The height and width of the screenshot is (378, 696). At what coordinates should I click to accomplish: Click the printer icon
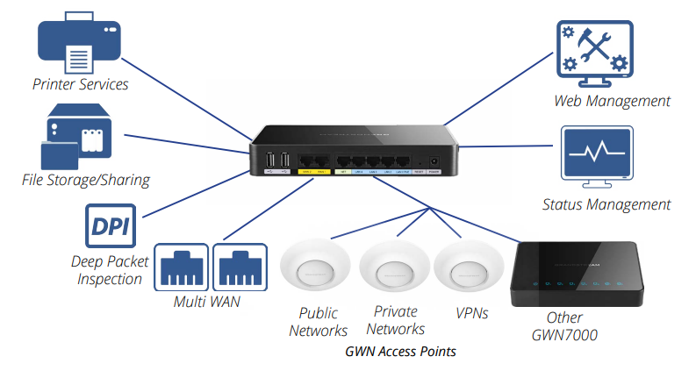(x=80, y=46)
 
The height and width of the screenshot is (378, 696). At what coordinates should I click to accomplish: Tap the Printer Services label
(x=81, y=85)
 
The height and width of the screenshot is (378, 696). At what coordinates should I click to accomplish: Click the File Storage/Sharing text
(x=86, y=180)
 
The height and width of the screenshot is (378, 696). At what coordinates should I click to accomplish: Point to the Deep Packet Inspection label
(x=110, y=270)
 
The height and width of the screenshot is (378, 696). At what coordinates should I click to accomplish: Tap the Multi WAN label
(x=208, y=303)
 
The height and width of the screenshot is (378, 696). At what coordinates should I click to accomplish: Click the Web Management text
(x=612, y=101)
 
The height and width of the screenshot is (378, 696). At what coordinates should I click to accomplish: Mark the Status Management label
(x=606, y=204)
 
